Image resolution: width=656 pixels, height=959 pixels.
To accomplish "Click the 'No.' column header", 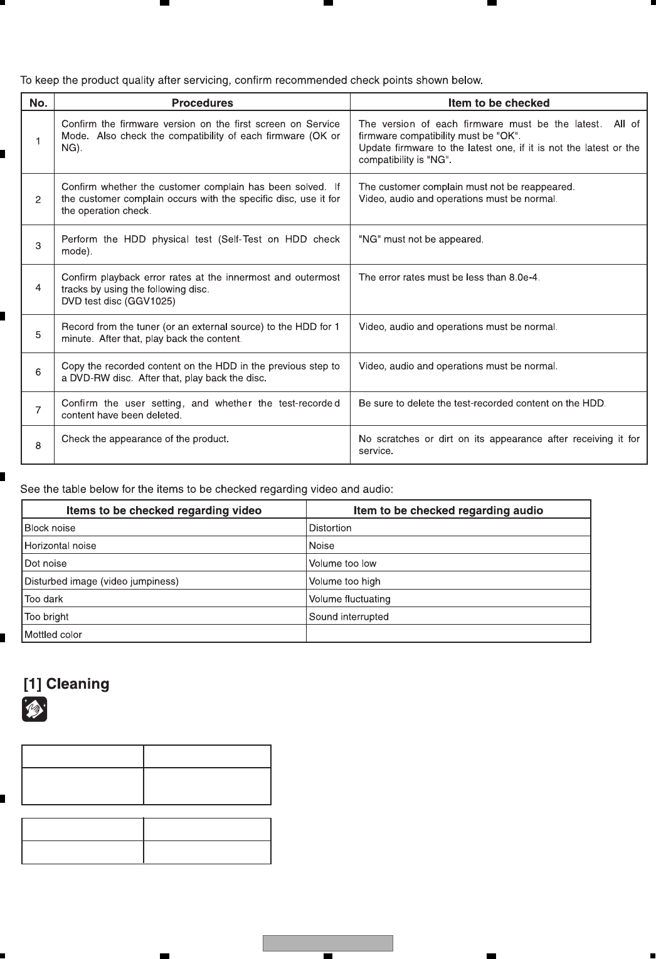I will click(38, 103).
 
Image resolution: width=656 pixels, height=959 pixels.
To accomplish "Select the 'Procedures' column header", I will click(202, 103).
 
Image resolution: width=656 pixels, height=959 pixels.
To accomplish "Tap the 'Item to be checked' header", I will click(499, 103).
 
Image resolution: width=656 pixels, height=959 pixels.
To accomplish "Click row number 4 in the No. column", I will click(38, 288).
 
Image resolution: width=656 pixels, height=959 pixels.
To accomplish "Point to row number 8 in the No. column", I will click(38, 446).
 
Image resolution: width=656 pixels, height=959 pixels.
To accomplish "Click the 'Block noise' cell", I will click(50, 528).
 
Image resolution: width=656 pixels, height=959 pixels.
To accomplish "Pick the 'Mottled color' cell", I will click(53, 635).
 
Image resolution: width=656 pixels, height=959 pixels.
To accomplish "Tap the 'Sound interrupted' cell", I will click(349, 617).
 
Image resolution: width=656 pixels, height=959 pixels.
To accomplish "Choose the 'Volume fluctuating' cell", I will click(349, 599).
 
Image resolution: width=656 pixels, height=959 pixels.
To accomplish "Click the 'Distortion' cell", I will click(330, 528).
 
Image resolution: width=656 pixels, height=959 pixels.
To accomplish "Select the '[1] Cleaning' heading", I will click(66, 684).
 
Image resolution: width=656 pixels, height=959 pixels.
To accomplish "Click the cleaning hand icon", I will click(34, 710).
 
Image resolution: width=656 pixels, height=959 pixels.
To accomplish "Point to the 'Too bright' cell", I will click(46, 617).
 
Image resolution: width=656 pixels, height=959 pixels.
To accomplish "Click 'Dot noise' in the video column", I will click(45, 564).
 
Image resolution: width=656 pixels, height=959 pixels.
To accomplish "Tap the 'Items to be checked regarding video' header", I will click(164, 511).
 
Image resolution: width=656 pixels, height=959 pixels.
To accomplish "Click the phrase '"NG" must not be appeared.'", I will click(421, 240).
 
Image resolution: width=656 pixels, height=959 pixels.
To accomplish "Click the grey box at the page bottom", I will click(327, 943).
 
